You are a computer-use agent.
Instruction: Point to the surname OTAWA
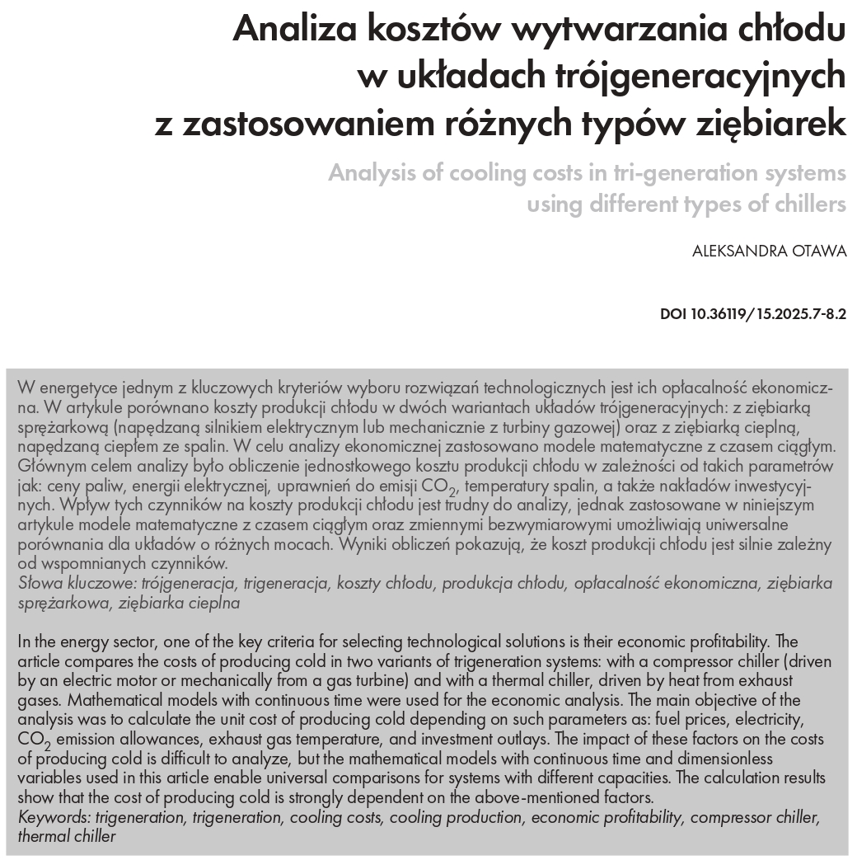(x=821, y=251)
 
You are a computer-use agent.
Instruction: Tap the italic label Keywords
(x=54, y=817)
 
